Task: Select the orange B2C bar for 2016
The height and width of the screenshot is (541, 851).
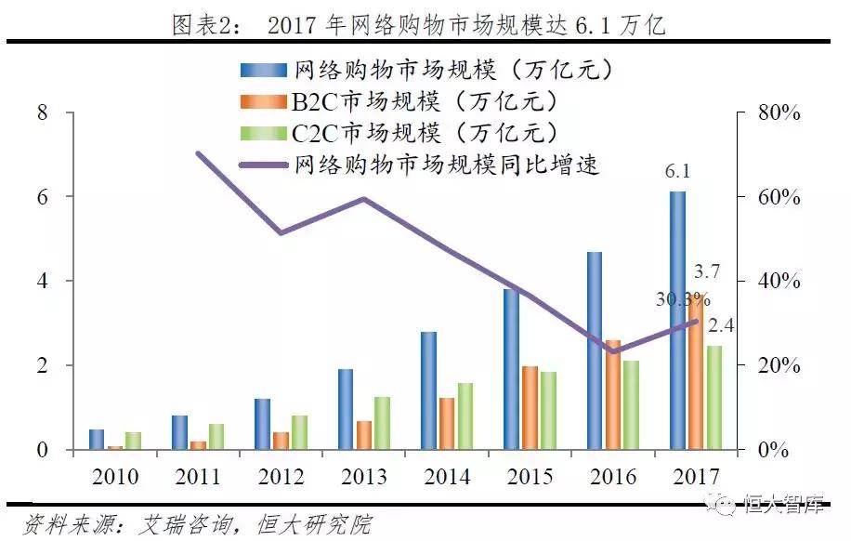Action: coord(613,395)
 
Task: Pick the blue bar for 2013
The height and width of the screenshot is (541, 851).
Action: coord(346,409)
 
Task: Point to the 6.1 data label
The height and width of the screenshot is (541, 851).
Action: coord(677,172)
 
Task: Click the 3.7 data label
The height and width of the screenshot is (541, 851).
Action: coord(706,271)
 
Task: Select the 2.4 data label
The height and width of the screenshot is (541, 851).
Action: coord(721,326)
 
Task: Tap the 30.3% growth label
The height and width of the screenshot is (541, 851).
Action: coord(678,301)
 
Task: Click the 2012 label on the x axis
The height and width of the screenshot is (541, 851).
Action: coord(281,477)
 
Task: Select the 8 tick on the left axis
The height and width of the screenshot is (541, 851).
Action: coord(41,112)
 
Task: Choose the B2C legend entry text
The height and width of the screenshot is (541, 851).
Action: coord(410,100)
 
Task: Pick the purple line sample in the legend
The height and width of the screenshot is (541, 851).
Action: coord(264,165)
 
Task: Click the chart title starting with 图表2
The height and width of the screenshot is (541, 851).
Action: coord(419,25)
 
